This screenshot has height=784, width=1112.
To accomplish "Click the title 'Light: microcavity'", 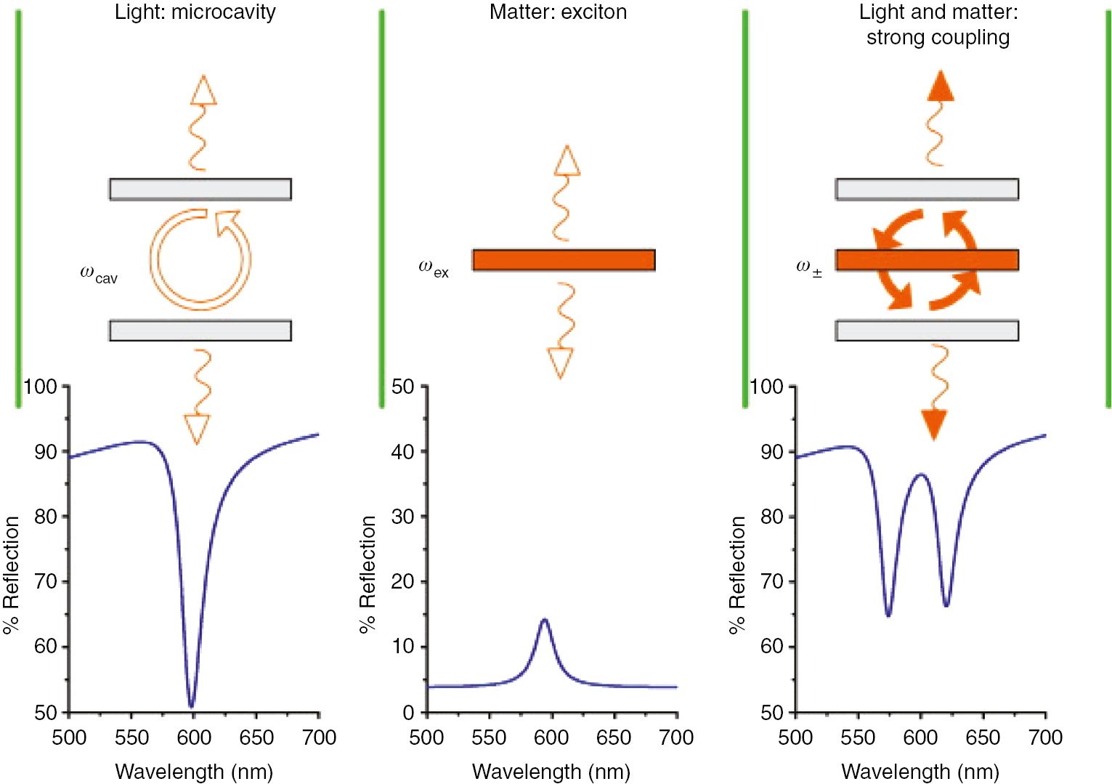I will click(195, 12).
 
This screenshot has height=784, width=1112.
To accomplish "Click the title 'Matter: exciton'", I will click(558, 12).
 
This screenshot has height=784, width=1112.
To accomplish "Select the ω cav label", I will click(98, 275).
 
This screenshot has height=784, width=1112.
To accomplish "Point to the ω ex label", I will click(434, 268).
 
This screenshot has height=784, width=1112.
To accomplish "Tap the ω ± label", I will click(808, 268).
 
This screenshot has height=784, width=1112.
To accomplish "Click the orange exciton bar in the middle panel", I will click(564, 260).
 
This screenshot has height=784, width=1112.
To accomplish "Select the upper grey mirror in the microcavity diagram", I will click(200, 189).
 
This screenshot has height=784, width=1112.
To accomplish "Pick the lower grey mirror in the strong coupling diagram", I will click(927, 331).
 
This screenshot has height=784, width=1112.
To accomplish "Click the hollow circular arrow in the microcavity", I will click(200, 259).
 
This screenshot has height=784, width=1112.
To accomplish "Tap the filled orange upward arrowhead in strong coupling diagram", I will click(941, 86).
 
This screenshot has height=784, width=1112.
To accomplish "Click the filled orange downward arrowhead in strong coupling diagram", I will click(934, 424).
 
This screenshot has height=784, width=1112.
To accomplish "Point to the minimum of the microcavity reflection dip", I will click(191, 706).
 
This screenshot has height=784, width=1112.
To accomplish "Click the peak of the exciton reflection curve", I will click(545, 620).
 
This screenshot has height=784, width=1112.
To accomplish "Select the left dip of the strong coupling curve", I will click(888, 615).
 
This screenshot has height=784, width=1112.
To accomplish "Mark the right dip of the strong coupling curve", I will click(946, 605).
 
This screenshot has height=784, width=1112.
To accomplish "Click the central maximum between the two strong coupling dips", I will click(921, 474).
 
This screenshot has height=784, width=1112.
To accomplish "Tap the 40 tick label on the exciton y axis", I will click(402, 452).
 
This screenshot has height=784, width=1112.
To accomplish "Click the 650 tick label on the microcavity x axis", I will click(256, 737).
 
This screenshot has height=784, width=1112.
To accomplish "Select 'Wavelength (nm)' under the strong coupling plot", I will click(920, 772).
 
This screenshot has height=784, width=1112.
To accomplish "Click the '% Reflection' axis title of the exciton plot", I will click(368, 574).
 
